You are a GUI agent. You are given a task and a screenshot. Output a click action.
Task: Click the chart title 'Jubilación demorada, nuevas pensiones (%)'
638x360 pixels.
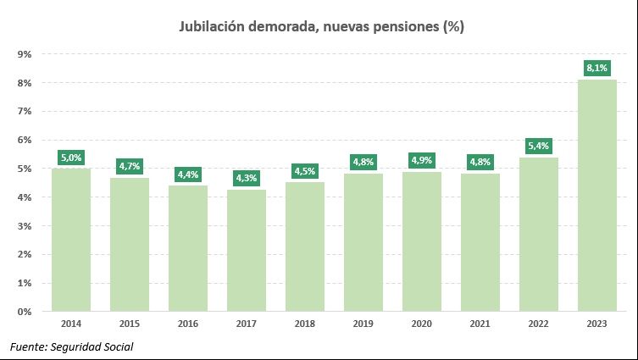tap(321, 26)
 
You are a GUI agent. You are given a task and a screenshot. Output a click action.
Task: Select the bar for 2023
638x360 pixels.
tap(596, 195)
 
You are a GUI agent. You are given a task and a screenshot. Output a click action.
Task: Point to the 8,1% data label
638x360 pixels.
tap(596, 67)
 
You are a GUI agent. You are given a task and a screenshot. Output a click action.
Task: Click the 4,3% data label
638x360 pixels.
tap(247, 178)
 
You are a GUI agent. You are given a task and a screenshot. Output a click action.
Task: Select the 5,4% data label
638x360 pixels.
tap(538, 145)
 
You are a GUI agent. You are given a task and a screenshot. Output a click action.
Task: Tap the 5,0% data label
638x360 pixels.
tap(71, 157)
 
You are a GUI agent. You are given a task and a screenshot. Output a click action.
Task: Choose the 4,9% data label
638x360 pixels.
tap(421, 160)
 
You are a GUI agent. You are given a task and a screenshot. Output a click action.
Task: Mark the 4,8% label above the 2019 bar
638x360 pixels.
tap(363, 162)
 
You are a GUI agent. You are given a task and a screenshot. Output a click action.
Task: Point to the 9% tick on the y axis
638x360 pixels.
tap(25, 54)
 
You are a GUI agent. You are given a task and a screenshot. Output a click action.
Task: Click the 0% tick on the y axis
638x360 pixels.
tap(25, 312)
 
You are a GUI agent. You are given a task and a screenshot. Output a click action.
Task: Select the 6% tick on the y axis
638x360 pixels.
tap(25, 140)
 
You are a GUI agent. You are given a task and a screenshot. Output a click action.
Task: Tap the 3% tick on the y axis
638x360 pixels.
tap(25, 226)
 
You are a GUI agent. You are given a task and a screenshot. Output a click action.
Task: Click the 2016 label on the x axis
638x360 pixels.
tap(188, 324)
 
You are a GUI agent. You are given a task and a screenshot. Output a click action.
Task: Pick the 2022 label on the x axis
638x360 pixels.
tap(538, 324)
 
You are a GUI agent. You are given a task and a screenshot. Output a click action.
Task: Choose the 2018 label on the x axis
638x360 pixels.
tap(305, 324)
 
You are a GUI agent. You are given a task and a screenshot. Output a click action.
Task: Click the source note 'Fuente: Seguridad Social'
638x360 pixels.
tap(72, 346)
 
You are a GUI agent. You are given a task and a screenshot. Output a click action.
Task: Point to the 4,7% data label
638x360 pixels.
tap(130, 165)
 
